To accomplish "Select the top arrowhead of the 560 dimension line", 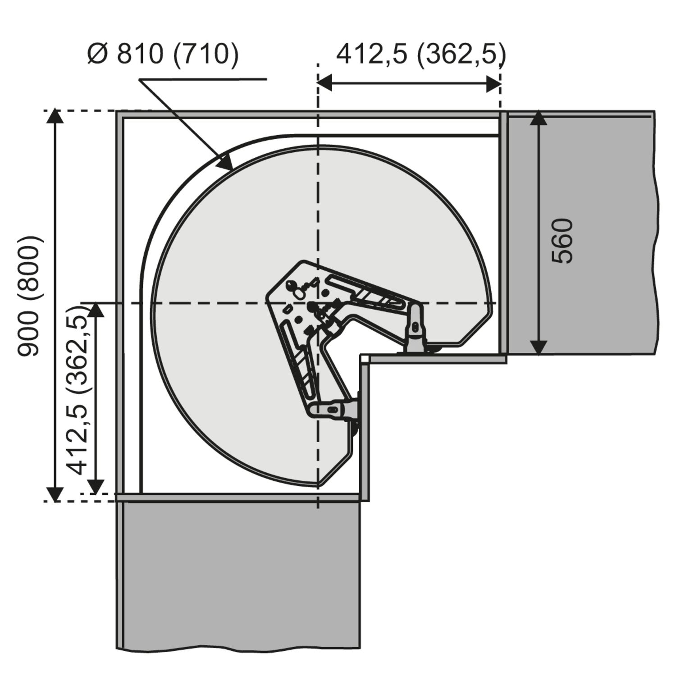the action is pos(539,119).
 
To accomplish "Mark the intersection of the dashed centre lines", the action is pos(318,303).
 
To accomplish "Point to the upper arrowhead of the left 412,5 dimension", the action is pos(96,311).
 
